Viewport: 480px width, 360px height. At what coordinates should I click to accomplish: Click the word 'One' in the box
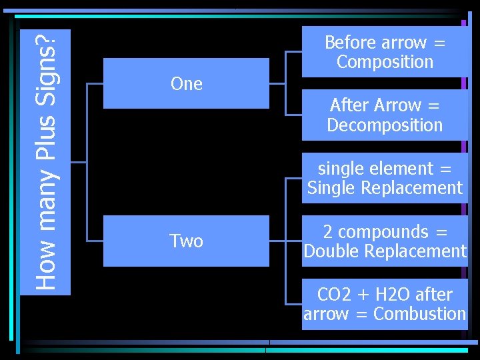[x=186, y=84]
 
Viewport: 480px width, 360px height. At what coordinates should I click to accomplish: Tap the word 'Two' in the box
[x=186, y=241]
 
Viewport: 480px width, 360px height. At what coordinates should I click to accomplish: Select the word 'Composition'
[x=385, y=62]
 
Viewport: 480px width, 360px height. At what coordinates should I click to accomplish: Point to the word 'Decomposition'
[x=385, y=125]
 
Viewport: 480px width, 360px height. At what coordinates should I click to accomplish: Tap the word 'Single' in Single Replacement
[x=331, y=189]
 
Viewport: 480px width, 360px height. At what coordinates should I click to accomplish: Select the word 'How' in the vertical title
[x=45, y=272]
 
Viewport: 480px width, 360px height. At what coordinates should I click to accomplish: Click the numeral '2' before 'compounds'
[x=328, y=232]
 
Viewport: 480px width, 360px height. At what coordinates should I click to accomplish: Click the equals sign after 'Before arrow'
[x=439, y=43]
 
